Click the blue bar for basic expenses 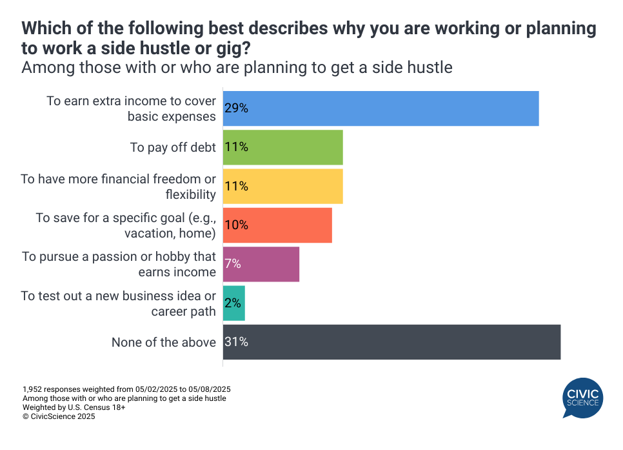tap(381, 108)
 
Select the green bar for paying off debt tap(282, 147)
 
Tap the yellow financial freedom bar tap(282, 186)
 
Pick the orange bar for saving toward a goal tap(277, 225)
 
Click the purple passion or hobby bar tap(261, 264)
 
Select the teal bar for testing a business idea tap(234, 303)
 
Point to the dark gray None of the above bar tap(391, 342)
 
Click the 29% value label tap(237, 108)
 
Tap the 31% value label tap(237, 342)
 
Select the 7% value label tap(233, 264)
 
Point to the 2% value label tap(233, 303)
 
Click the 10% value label tap(237, 225)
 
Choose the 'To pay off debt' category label tap(173, 147)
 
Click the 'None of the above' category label tap(164, 342)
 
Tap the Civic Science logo tap(582, 396)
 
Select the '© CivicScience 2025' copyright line tap(59, 417)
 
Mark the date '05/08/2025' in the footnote tap(210, 389)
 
